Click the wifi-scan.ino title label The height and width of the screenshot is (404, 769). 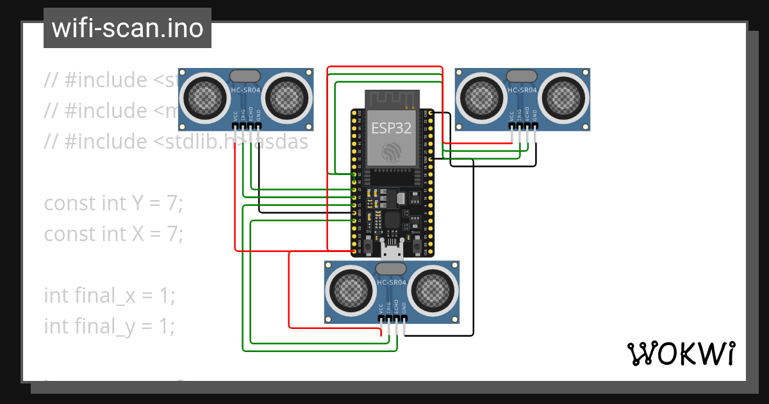pos(127,28)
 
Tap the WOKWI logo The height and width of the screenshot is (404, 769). pos(680,354)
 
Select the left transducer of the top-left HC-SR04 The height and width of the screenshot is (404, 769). pos(206,97)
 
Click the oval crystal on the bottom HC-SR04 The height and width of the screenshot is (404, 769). pos(392,268)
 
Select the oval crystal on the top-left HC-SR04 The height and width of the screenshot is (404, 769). pos(245,76)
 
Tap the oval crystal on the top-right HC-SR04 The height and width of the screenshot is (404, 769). pos(522,76)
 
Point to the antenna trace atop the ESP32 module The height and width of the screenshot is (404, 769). pos(392,99)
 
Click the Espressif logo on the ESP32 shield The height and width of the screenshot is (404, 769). pos(392,153)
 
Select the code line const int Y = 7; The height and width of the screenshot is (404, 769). pos(113,203)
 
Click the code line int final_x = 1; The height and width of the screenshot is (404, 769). pos(109,296)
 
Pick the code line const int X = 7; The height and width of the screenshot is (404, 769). pos(113,234)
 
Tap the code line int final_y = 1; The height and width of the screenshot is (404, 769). pos(109,326)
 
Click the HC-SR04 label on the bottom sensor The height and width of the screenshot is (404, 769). pos(392,283)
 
